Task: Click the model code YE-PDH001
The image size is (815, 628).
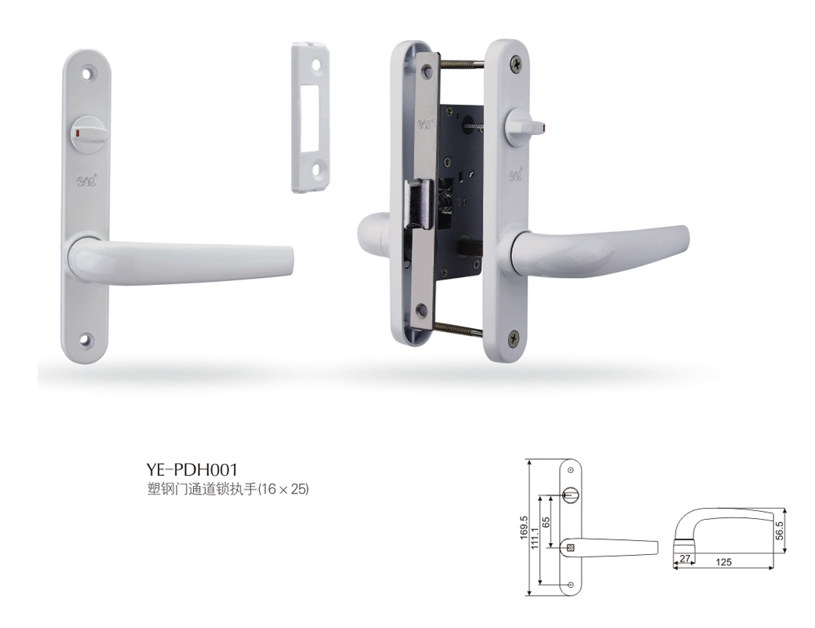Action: coord(192,469)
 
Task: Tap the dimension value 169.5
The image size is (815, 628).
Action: coord(524,528)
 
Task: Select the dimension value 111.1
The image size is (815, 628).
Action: coord(535,537)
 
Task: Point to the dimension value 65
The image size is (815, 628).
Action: coord(546,522)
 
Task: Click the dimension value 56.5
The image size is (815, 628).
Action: coord(779,530)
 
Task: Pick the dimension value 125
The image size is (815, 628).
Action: coord(723,562)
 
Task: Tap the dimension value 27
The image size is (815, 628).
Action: coord(685,559)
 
